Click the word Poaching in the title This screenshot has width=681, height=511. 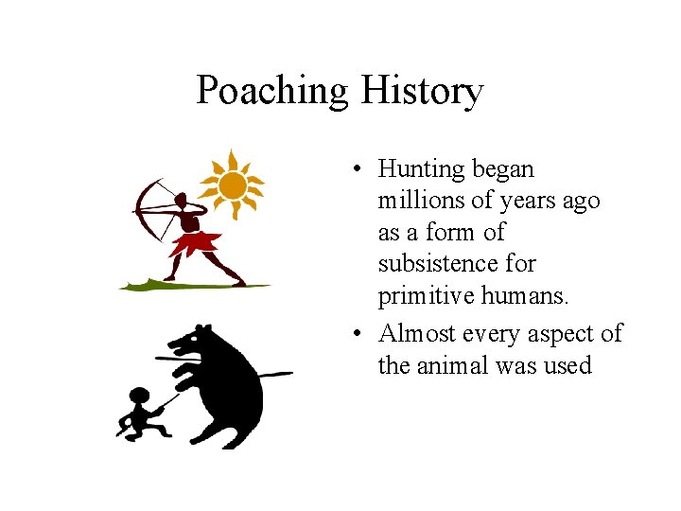click(272, 92)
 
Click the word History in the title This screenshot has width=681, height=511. click(422, 92)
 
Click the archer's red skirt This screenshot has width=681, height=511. click(197, 243)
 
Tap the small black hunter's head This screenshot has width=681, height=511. click(140, 397)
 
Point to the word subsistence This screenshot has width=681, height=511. click(457, 264)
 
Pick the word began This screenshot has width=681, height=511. click(502, 170)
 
